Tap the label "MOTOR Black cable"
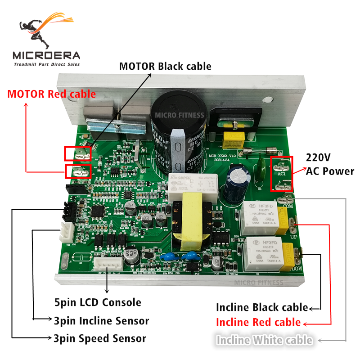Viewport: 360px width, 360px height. [x=165, y=66]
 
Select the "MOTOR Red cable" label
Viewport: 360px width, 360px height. [x=51, y=94]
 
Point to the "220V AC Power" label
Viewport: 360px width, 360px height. [x=330, y=164]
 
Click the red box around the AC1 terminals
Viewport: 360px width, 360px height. [x=282, y=174]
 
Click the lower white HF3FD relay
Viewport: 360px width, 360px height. [x=261, y=255]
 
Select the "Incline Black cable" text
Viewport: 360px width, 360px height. [x=262, y=308]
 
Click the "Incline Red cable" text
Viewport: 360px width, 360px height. [x=258, y=322]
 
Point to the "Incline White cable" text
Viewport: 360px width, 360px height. [x=264, y=340]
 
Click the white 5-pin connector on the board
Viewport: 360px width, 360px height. [x=108, y=264]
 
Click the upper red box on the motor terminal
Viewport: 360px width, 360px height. [x=77, y=154]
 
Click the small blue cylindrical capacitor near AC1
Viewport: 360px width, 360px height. [x=236, y=182]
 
